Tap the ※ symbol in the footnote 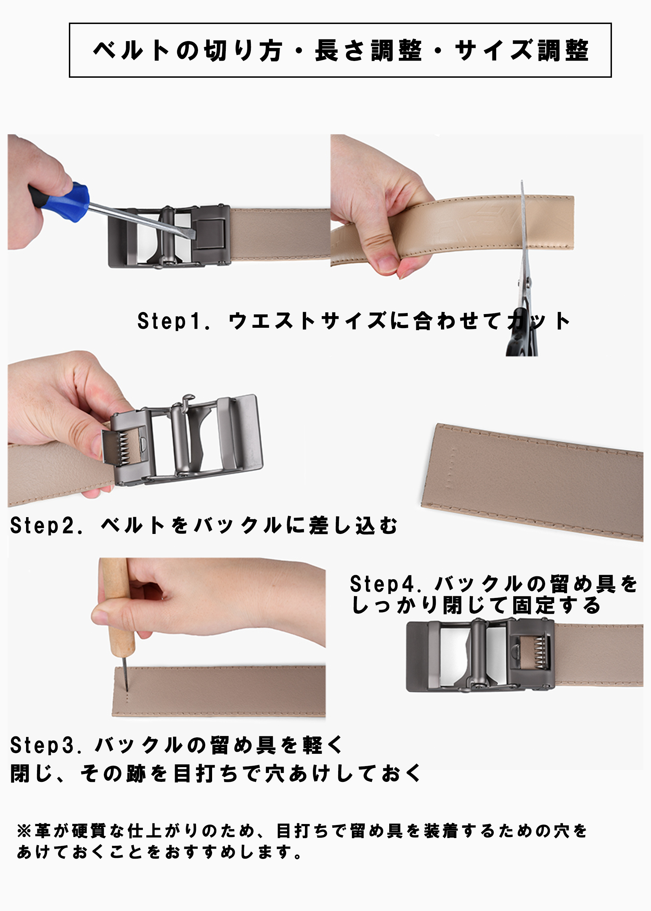(24, 831)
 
